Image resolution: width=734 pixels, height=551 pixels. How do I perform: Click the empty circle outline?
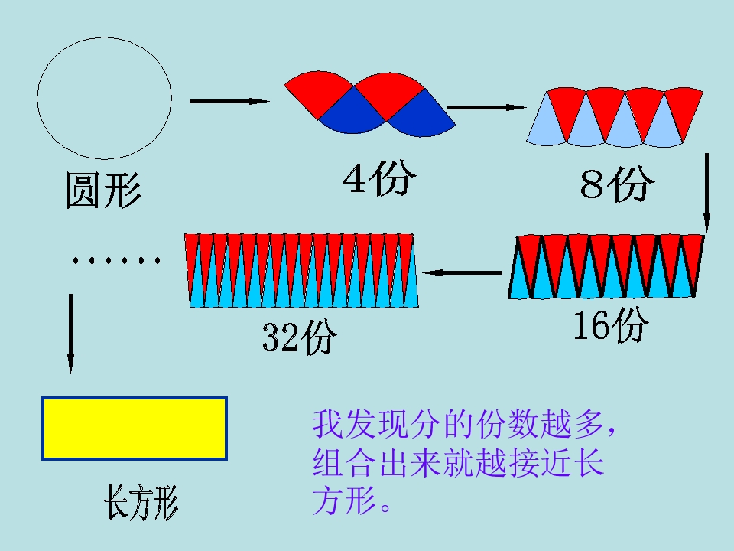[x=37, y=99]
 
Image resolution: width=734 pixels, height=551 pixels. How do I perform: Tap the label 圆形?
[x=103, y=190]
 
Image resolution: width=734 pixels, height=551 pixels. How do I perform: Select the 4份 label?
[x=379, y=178]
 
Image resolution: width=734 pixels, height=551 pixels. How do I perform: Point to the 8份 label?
[x=616, y=183]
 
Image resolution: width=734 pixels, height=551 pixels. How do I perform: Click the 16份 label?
[x=612, y=325]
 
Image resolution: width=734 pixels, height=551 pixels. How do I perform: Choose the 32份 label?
[x=299, y=337]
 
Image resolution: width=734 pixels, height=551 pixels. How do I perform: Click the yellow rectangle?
[x=135, y=429]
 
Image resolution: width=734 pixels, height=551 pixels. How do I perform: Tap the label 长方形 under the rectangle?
[x=141, y=503]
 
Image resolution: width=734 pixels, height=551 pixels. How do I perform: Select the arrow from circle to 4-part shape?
[x=229, y=101]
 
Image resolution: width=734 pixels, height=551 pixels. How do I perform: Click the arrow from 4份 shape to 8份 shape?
[x=486, y=107]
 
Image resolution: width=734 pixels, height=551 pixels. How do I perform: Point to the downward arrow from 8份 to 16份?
[x=706, y=192]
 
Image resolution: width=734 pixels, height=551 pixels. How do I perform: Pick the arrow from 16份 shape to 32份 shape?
[x=463, y=272]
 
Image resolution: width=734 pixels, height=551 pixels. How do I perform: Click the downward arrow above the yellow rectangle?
[x=70, y=333]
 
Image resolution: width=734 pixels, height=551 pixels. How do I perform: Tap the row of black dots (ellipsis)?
[x=116, y=260]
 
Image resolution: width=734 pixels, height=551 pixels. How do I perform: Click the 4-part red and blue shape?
[x=369, y=104]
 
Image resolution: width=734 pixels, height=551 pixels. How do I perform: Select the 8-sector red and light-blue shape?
[x=615, y=117]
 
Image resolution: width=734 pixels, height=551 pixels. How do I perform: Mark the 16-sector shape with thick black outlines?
[x=606, y=266]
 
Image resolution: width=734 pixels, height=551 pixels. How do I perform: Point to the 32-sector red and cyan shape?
[x=301, y=270]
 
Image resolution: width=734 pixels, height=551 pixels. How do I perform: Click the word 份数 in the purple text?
[x=506, y=425]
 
